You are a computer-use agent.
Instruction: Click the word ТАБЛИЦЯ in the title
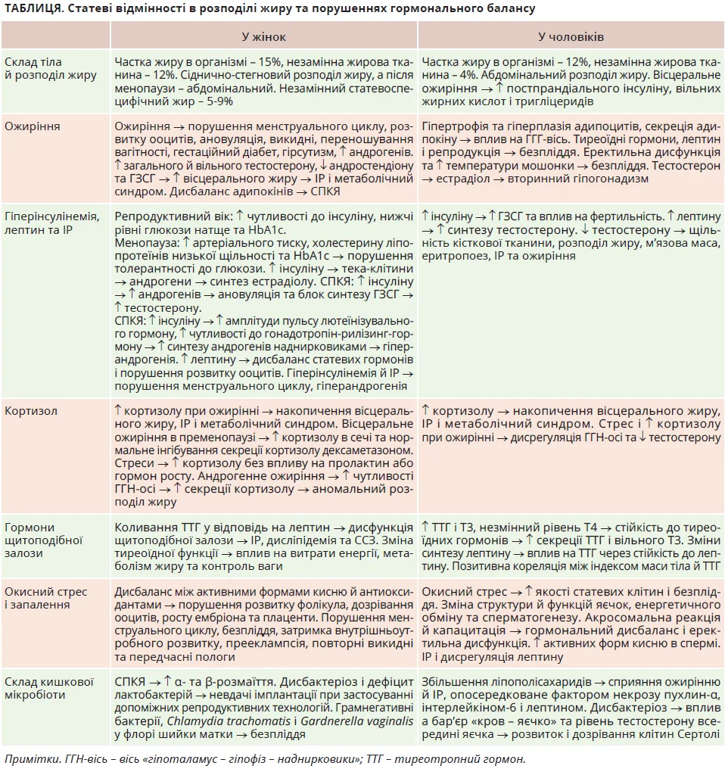tap(28, 8)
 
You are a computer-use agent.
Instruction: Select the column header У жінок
tap(263, 36)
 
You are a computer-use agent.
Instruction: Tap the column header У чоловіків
tap(571, 36)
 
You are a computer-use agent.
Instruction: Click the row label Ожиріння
tap(32, 126)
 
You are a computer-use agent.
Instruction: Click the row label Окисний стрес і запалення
tap(45, 599)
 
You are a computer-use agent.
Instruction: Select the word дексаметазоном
tap(363, 448)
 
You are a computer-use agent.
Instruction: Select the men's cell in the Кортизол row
tap(571, 424)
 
